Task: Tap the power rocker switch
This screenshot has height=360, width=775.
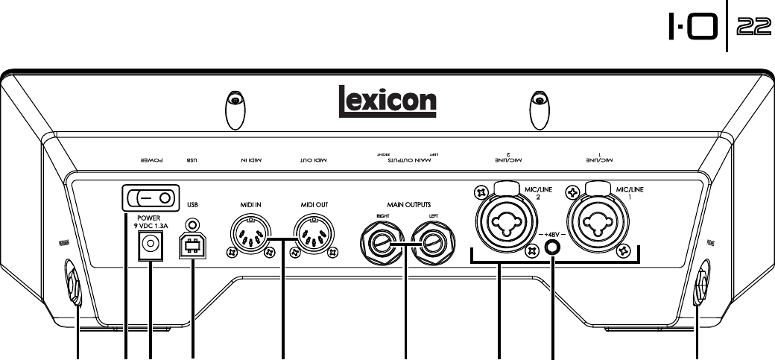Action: click(151, 198)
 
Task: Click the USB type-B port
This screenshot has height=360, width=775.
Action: click(192, 245)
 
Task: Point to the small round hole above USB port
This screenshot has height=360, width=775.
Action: click(193, 224)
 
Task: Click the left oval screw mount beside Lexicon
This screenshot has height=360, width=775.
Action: click(235, 109)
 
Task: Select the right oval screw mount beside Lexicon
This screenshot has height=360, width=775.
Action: click(539, 109)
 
